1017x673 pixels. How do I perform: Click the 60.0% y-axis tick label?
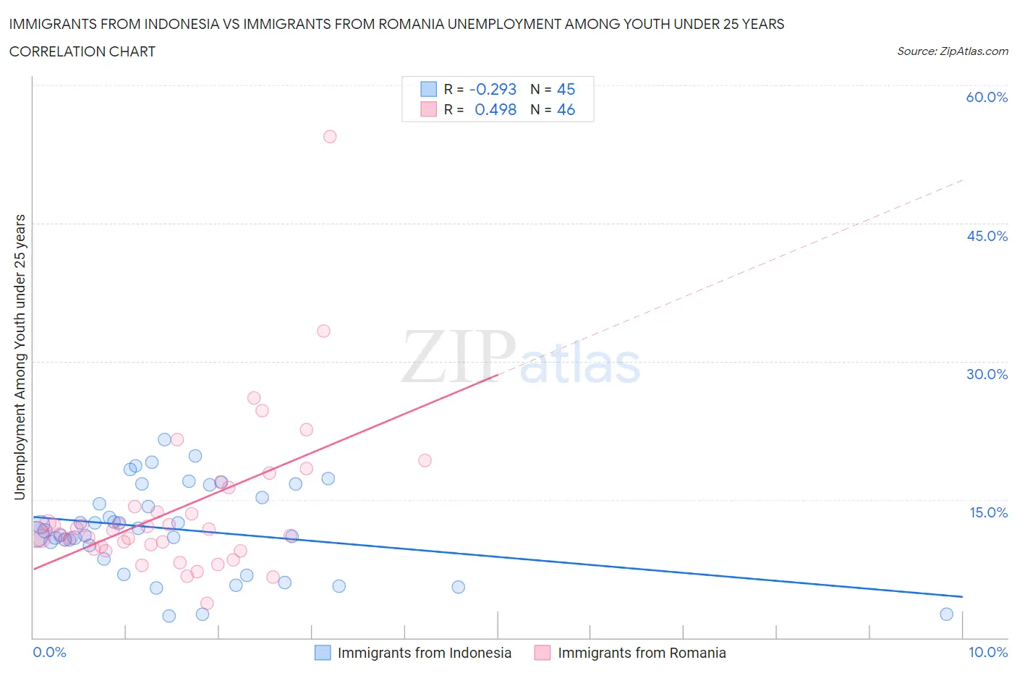(x=987, y=97)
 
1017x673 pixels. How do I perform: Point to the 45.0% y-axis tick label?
(x=987, y=236)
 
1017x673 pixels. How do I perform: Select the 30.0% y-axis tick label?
(x=987, y=374)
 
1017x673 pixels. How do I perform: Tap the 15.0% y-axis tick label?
(x=988, y=512)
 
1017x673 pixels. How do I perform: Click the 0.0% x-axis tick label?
(x=49, y=652)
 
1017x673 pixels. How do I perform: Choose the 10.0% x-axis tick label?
(x=988, y=652)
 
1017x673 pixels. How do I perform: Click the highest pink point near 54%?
(x=330, y=136)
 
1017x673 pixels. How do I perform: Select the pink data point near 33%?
(x=323, y=331)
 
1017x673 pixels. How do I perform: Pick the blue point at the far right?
(x=946, y=614)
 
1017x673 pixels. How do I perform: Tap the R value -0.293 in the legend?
(x=493, y=89)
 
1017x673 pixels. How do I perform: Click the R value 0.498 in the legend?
(x=495, y=109)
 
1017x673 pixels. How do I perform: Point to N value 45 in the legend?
(x=566, y=89)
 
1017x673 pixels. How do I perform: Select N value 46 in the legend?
(x=566, y=109)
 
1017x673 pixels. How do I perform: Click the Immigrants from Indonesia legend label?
(x=424, y=653)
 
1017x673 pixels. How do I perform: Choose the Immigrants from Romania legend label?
(x=642, y=653)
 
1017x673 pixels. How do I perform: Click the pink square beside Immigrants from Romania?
(x=542, y=653)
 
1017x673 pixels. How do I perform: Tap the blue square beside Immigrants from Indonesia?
(x=323, y=653)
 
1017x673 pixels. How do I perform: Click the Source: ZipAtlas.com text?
(x=952, y=51)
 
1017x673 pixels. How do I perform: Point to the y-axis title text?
(x=20, y=357)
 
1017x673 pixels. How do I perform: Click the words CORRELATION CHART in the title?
(x=82, y=51)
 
